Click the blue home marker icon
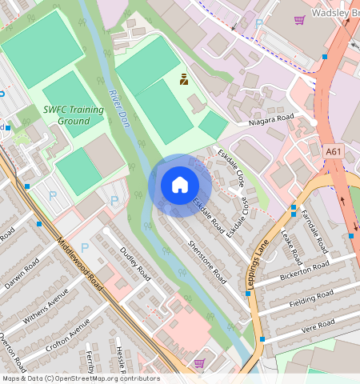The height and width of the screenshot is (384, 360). (x=180, y=186)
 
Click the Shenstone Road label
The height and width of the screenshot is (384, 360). (x=207, y=262)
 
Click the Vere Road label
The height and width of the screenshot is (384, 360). (x=314, y=327)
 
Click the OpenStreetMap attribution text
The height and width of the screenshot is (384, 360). (x=80, y=378)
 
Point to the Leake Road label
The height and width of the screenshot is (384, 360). (x=291, y=246)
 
